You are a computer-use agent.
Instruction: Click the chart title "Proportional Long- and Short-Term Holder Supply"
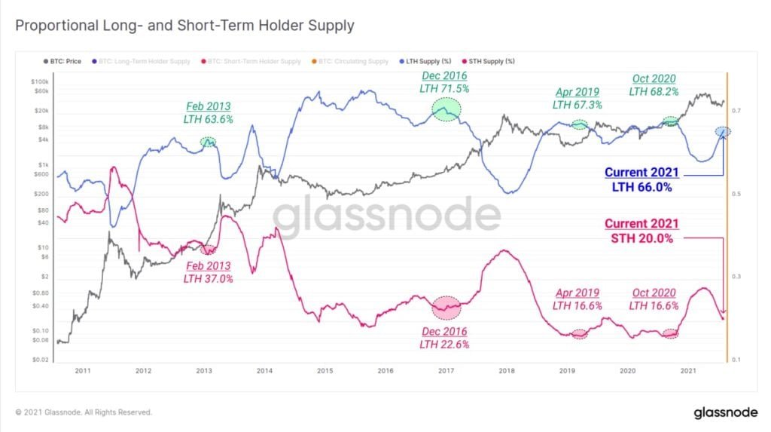point(184,26)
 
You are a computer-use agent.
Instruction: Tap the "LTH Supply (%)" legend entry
point(427,61)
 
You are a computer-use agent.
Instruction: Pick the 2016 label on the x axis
point(385,371)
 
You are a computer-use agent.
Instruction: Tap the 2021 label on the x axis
point(687,371)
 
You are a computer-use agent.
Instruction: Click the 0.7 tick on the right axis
point(736,111)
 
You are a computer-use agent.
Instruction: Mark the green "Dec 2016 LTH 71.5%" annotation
point(444,82)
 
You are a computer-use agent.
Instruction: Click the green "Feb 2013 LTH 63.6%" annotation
point(208,112)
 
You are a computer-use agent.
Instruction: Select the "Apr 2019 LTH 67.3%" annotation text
point(577,99)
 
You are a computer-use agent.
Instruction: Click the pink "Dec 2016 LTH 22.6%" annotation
point(444,338)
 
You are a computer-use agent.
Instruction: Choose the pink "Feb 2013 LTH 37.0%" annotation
point(208,272)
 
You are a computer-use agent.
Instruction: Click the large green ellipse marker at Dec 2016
point(446,111)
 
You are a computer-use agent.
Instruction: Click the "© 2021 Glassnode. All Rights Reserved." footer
point(84,412)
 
